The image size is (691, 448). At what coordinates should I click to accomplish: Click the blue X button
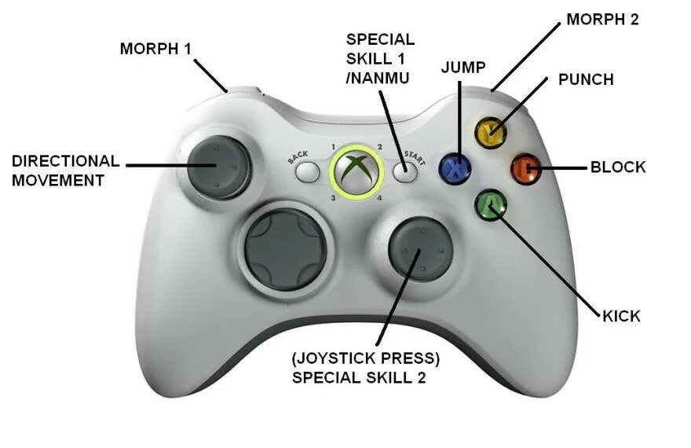455,167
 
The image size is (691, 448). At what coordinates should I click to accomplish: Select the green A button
491,205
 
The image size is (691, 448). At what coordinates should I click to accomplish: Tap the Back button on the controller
307,172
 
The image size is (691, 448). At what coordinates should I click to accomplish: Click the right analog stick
420,250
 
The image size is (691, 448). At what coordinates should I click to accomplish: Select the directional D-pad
283,248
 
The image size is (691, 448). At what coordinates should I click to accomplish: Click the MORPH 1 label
155,49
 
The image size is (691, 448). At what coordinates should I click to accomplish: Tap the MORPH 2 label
602,20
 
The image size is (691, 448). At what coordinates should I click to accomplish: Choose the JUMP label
463,67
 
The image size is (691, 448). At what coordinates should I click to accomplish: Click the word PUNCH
586,79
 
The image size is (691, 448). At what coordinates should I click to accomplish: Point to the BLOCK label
618,167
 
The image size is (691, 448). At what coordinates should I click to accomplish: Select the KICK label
621,316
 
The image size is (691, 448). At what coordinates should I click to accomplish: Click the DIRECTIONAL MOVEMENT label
65,171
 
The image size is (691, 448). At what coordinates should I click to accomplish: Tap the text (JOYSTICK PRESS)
365,358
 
